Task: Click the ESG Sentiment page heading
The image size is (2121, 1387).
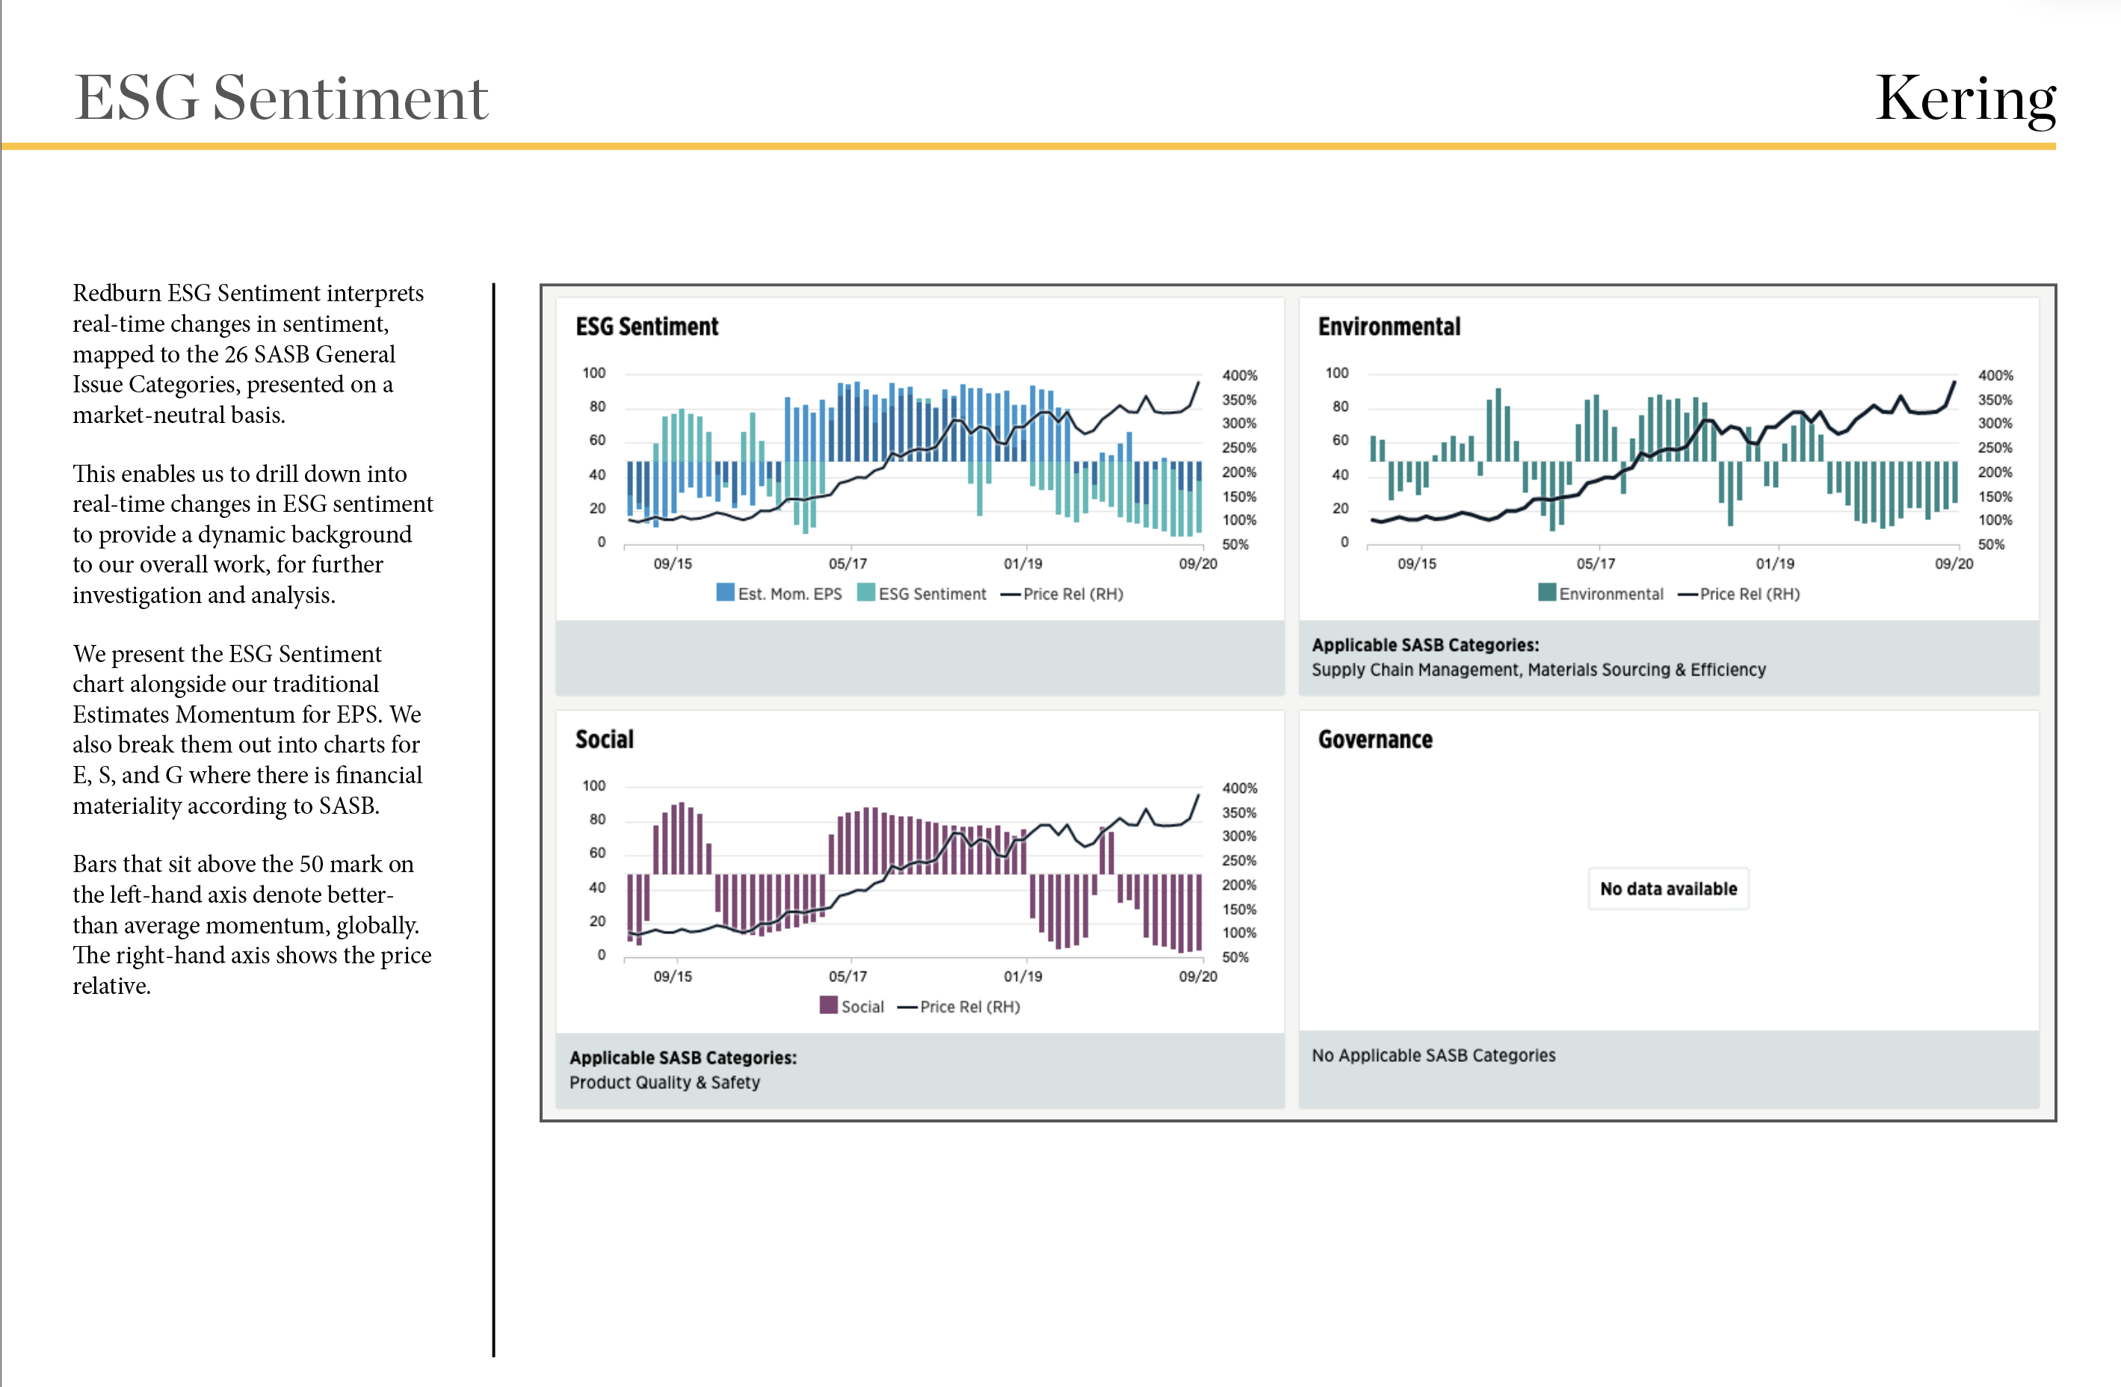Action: pyautogui.click(x=281, y=97)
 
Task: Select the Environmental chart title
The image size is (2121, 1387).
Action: pyautogui.click(x=1389, y=327)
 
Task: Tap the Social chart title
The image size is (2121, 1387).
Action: pyautogui.click(x=604, y=739)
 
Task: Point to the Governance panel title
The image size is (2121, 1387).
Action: pyautogui.click(x=1375, y=739)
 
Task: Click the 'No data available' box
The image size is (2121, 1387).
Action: pyautogui.click(x=1668, y=889)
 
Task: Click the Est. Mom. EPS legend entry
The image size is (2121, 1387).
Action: pyautogui.click(x=779, y=593)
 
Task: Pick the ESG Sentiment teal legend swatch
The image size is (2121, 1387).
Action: pyautogui.click(x=865, y=593)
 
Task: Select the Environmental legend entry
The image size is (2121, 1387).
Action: pyautogui.click(x=1601, y=593)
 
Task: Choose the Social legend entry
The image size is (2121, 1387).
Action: pyautogui.click(x=852, y=1007)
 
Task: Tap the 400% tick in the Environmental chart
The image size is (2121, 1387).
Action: pyautogui.click(x=1995, y=375)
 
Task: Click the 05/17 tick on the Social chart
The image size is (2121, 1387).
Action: pyautogui.click(x=848, y=976)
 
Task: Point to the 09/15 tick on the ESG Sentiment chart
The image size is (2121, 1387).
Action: pyautogui.click(x=673, y=563)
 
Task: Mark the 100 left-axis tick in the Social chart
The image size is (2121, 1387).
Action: pyautogui.click(x=593, y=785)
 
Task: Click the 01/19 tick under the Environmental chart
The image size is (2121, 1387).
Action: pyautogui.click(x=1775, y=563)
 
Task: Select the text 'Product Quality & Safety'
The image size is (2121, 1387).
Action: pyautogui.click(x=665, y=1082)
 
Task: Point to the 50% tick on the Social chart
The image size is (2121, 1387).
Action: pyautogui.click(x=1235, y=957)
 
